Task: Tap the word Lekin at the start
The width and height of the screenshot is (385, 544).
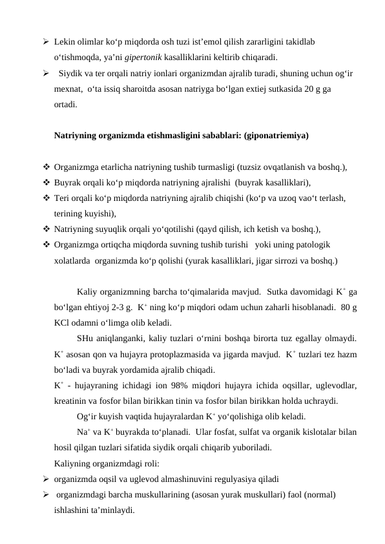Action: point(65,41)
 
